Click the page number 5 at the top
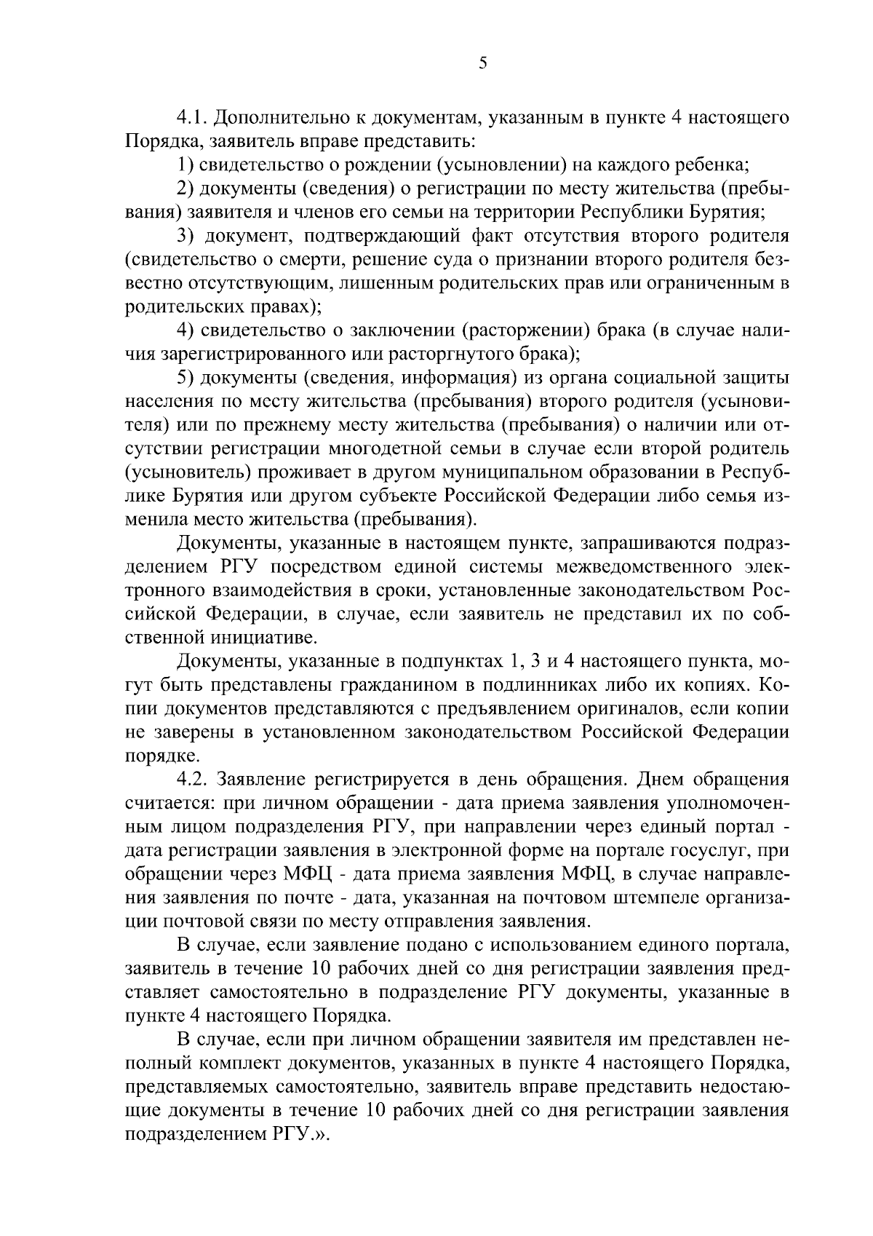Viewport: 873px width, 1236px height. [x=483, y=63]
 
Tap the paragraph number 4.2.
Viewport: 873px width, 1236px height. [x=194, y=780]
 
